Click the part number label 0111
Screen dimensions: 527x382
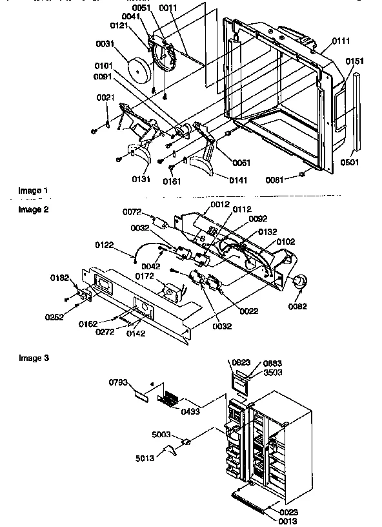click(341, 41)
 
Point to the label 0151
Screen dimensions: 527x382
click(354, 61)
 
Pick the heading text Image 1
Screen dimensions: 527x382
click(33, 191)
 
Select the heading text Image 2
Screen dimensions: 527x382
click(33, 209)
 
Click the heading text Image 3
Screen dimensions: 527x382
click(33, 357)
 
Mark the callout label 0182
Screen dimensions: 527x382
click(60, 277)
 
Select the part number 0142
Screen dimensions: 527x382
click(136, 334)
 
